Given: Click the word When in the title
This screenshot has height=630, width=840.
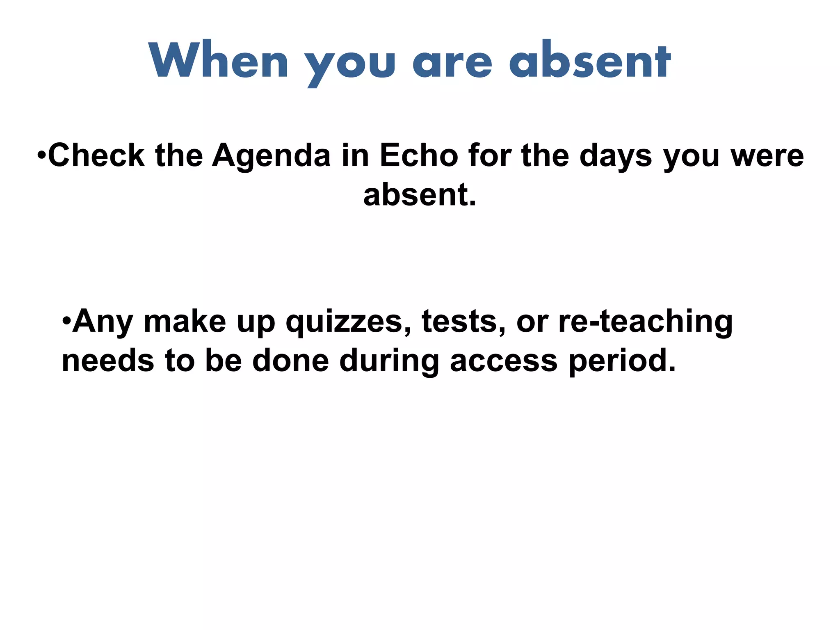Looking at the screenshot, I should (219, 61).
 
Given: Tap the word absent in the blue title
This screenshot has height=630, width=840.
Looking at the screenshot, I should (590, 61).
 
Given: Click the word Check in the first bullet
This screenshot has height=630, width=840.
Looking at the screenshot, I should (96, 155).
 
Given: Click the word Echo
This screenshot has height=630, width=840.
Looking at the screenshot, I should (419, 155).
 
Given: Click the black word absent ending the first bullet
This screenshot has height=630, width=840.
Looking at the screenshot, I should (419, 195).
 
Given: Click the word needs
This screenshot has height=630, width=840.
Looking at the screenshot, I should (108, 361).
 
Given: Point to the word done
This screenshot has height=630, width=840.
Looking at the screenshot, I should (290, 361).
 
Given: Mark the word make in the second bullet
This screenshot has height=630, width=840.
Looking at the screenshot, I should (185, 321).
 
